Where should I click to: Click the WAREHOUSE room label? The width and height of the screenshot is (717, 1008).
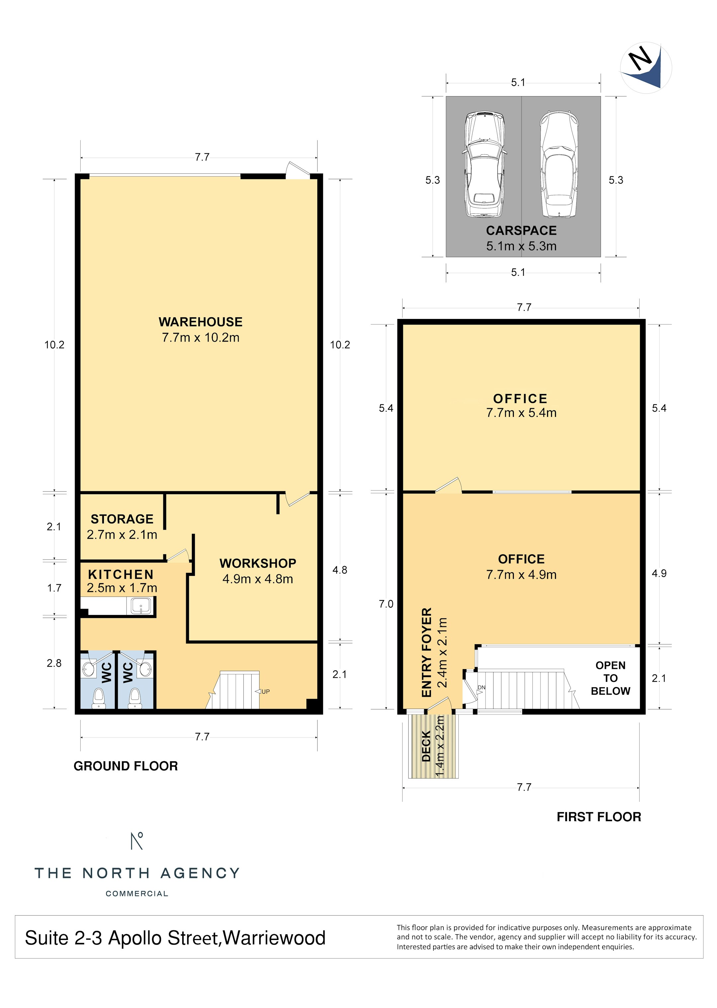click(x=200, y=322)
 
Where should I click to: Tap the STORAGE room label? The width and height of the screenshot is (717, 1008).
click(x=122, y=519)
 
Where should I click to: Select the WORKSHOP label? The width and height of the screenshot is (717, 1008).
click(x=258, y=563)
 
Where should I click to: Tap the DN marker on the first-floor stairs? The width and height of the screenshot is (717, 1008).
click(x=481, y=688)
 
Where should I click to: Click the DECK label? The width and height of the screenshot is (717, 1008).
click(x=426, y=746)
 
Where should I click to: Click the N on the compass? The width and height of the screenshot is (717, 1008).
click(x=640, y=58)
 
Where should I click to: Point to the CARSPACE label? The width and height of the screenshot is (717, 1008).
click(x=521, y=230)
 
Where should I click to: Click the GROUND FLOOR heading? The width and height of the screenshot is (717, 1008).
click(x=126, y=766)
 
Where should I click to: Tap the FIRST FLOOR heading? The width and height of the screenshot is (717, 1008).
click(x=599, y=817)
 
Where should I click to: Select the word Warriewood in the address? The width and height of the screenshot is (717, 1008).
click(x=274, y=938)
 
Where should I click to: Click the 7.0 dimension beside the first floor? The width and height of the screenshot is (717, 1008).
click(x=386, y=604)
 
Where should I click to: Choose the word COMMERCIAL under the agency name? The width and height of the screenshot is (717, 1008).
click(x=137, y=894)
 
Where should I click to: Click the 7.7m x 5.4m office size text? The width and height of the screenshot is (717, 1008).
click(x=521, y=413)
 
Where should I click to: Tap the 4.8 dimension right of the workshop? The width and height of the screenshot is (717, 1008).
click(x=340, y=570)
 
